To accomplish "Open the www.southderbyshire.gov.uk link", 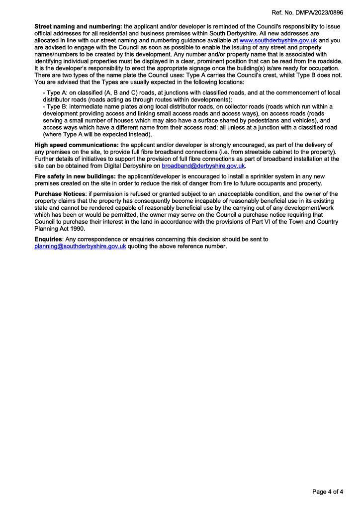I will tap(278, 40).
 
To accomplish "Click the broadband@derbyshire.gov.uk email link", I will tap(203, 166).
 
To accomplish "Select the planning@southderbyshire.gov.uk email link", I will tap(80, 246).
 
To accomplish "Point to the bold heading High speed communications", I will tap(77, 145).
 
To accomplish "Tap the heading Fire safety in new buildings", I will tap(75, 176).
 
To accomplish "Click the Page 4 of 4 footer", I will tap(327, 492).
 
